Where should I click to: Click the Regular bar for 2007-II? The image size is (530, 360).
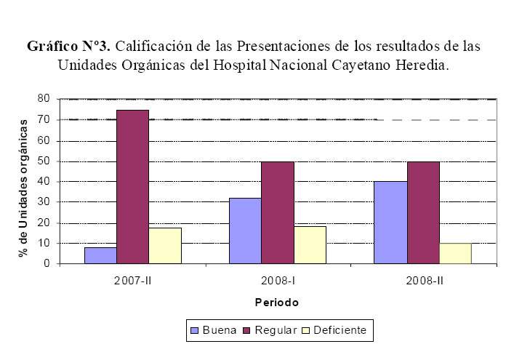[132, 187]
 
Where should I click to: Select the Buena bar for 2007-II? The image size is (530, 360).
[100, 255]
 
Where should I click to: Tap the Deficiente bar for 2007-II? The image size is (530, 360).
[165, 246]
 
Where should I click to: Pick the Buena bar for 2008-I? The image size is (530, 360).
[245, 231]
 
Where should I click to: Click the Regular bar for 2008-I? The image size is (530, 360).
[278, 212]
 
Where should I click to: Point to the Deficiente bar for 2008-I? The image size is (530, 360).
[310, 245]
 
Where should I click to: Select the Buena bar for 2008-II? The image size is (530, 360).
[390, 223]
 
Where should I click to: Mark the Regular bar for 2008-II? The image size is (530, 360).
[423, 212]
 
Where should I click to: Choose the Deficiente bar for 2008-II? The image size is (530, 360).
[455, 253]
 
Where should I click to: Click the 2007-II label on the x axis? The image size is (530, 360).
[133, 279]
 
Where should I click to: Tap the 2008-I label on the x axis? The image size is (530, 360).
[278, 279]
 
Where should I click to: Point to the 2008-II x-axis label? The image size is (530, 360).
[423, 279]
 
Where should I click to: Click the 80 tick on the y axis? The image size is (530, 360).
[44, 99]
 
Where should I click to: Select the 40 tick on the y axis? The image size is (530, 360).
[44, 181]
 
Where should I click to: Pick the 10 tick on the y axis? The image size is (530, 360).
[44, 243]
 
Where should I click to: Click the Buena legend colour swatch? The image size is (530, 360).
[194, 331]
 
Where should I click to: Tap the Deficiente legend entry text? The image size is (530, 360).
[344, 331]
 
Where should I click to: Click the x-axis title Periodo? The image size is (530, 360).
[276, 302]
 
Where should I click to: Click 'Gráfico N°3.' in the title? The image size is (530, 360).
[68, 45]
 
